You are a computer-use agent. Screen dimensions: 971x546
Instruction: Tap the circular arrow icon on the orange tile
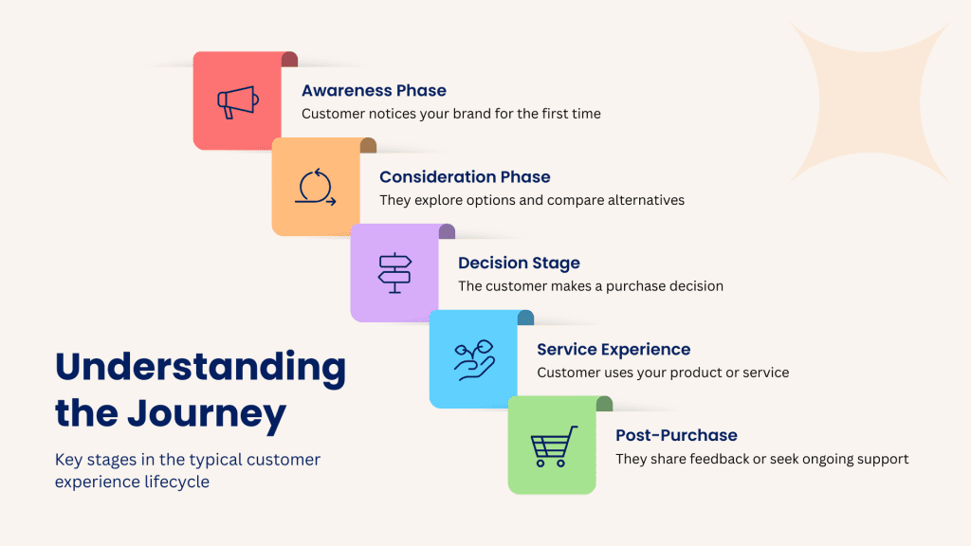pos(316,187)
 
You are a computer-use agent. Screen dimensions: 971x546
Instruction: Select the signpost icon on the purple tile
pos(394,272)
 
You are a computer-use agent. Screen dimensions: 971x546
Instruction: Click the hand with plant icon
pos(474,359)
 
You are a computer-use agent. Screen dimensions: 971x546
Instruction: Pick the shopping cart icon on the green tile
pos(554,446)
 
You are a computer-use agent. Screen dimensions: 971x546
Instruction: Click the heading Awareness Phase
pos(374,90)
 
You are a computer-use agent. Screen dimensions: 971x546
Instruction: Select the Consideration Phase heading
pos(465,177)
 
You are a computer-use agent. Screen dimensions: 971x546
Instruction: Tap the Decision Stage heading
pos(519,264)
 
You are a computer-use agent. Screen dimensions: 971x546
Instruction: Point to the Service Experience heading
pos(614,350)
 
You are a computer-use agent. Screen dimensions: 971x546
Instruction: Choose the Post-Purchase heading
pos(676,435)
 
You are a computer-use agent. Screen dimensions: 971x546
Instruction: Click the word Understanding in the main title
pos(201,368)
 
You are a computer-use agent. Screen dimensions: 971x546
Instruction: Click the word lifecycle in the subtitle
pos(176,482)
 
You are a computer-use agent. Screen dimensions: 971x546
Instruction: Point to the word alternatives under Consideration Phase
pos(646,200)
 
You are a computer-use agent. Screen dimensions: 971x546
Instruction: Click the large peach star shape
pos(870,102)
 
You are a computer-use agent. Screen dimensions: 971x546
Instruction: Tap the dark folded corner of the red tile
pos(290,60)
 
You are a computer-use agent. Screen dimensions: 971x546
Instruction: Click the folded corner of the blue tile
pos(525,318)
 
